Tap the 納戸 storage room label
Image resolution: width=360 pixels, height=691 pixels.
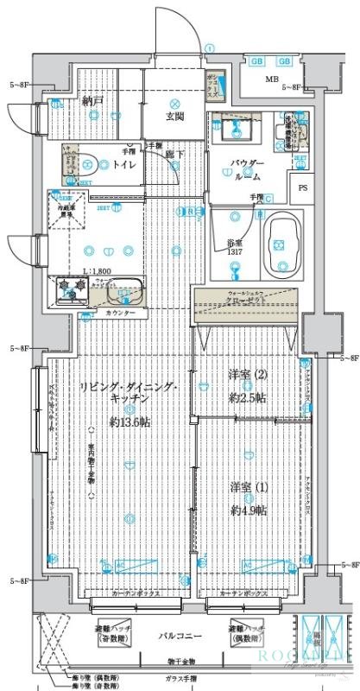point(92,101)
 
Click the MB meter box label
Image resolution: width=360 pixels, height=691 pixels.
point(272,81)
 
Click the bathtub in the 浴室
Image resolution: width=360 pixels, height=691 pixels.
point(280,245)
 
